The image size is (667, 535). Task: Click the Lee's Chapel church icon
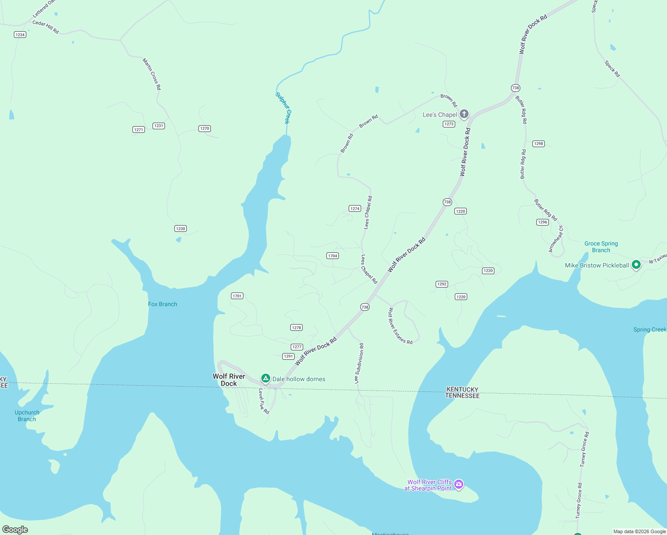(x=464, y=114)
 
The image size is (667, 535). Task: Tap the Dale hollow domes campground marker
(x=266, y=379)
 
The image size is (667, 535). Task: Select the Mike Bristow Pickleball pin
(x=636, y=265)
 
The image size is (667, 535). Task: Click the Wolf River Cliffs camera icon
(x=459, y=484)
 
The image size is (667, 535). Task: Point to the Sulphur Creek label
(x=283, y=108)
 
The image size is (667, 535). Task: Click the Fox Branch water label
(x=162, y=304)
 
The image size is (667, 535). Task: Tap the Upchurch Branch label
(x=27, y=416)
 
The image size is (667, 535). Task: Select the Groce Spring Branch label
(x=601, y=247)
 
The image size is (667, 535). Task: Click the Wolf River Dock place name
(x=229, y=380)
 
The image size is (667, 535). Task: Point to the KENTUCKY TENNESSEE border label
(x=462, y=392)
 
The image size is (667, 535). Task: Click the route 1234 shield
(x=20, y=35)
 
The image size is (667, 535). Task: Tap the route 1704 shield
(x=333, y=256)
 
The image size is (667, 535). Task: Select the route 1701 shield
(x=237, y=296)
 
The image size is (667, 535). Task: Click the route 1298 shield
(x=539, y=144)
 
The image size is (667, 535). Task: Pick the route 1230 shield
(x=181, y=229)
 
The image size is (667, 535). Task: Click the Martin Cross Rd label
(x=152, y=74)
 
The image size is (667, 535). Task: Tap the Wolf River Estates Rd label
(x=400, y=326)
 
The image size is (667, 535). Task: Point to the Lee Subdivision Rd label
(x=359, y=363)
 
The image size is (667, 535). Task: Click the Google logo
(x=15, y=530)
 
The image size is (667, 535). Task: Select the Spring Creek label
(x=650, y=329)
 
